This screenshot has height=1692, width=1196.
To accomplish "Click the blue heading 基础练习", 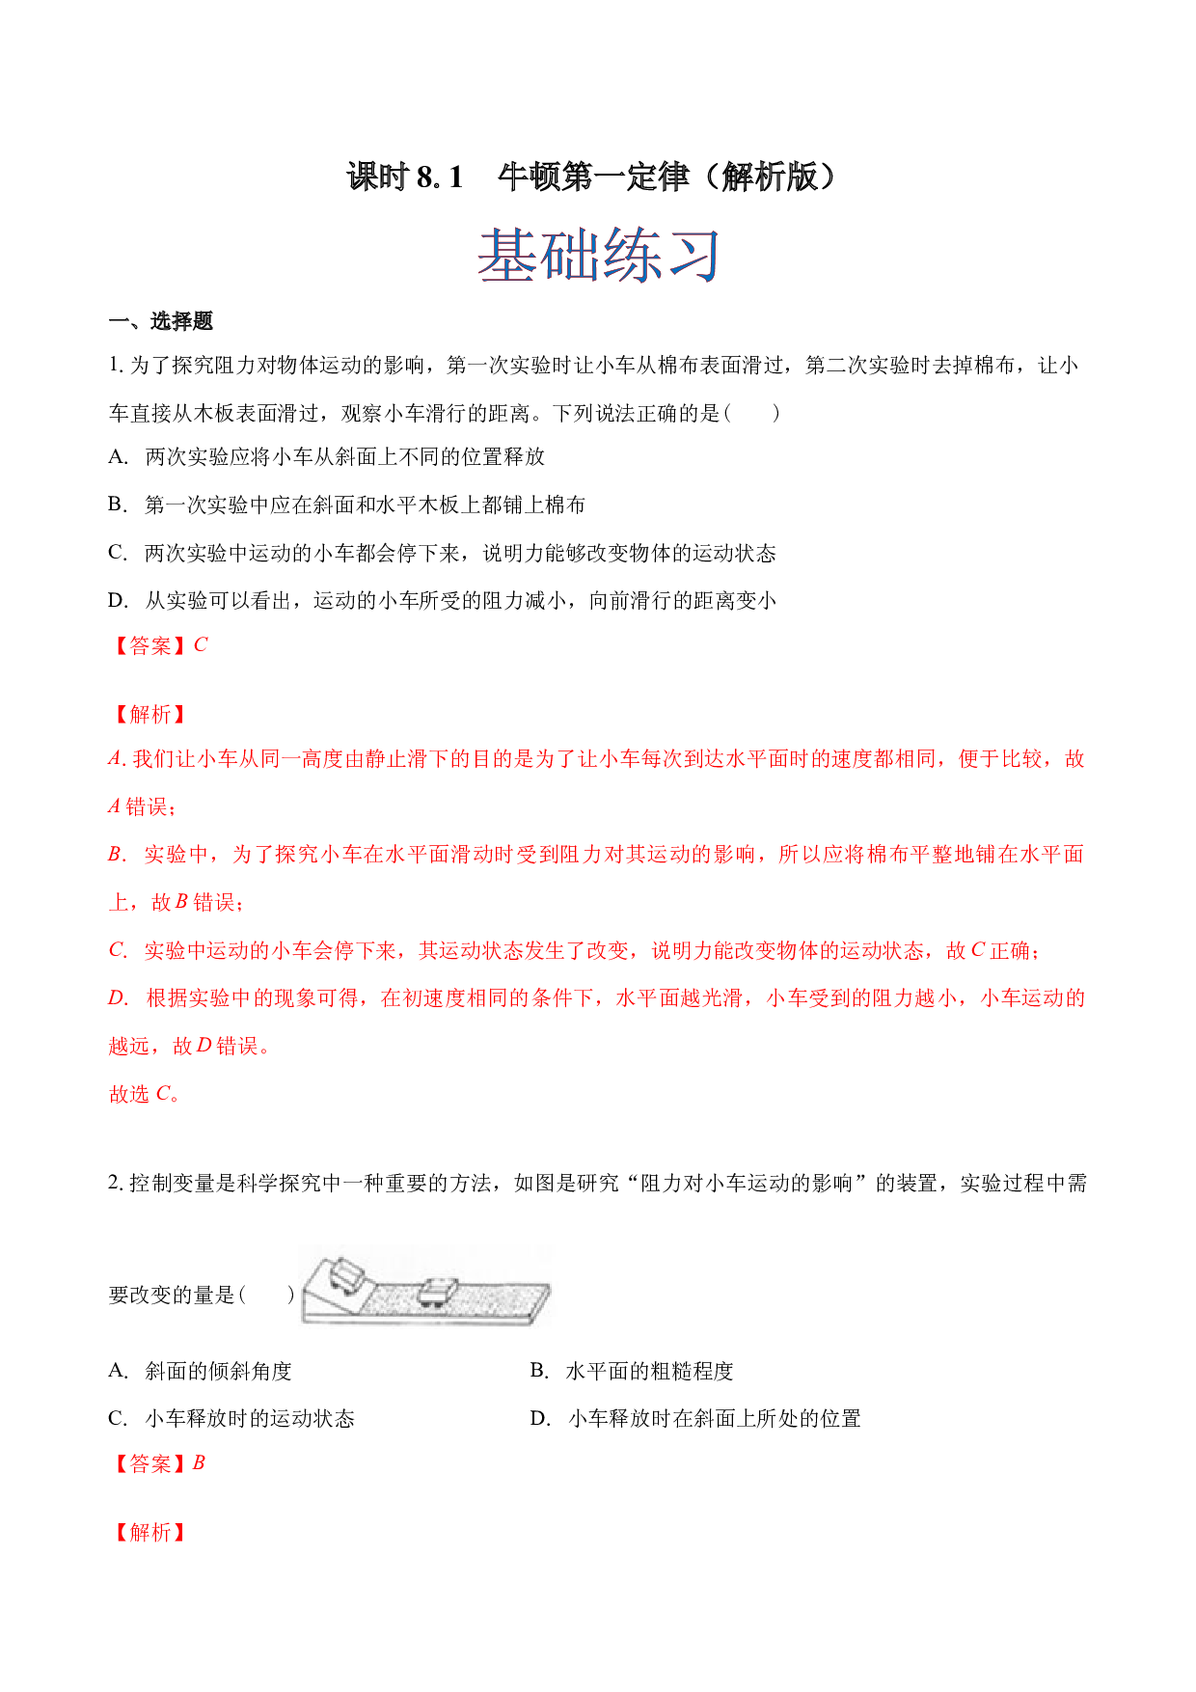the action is click(x=599, y=257).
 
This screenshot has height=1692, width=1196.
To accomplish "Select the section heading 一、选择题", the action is click(x=161, y=321).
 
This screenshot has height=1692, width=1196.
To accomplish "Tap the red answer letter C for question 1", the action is click(x=201, y=645).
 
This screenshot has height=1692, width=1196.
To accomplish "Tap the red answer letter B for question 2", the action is click(x=199, y=1463).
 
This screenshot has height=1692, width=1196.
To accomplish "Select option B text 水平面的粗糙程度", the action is click(x=649, y=1371).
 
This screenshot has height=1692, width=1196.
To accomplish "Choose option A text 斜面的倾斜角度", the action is click(x=218, y=1371).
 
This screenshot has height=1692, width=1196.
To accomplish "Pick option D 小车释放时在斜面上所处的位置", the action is click(x=715, y=1419).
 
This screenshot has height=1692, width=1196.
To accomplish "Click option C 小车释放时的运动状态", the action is click(x=250, y=1419).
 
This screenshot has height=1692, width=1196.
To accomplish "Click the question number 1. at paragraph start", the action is click(x=116, y=366).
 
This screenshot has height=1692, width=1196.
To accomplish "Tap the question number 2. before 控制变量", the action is click(x=116, y=1184).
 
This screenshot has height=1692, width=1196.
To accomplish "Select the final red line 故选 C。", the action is click(x=145, y=1094).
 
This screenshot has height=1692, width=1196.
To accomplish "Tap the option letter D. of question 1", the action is click(x=118, y=601).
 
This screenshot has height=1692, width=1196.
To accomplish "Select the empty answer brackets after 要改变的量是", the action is click(x=266, y=1295).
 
